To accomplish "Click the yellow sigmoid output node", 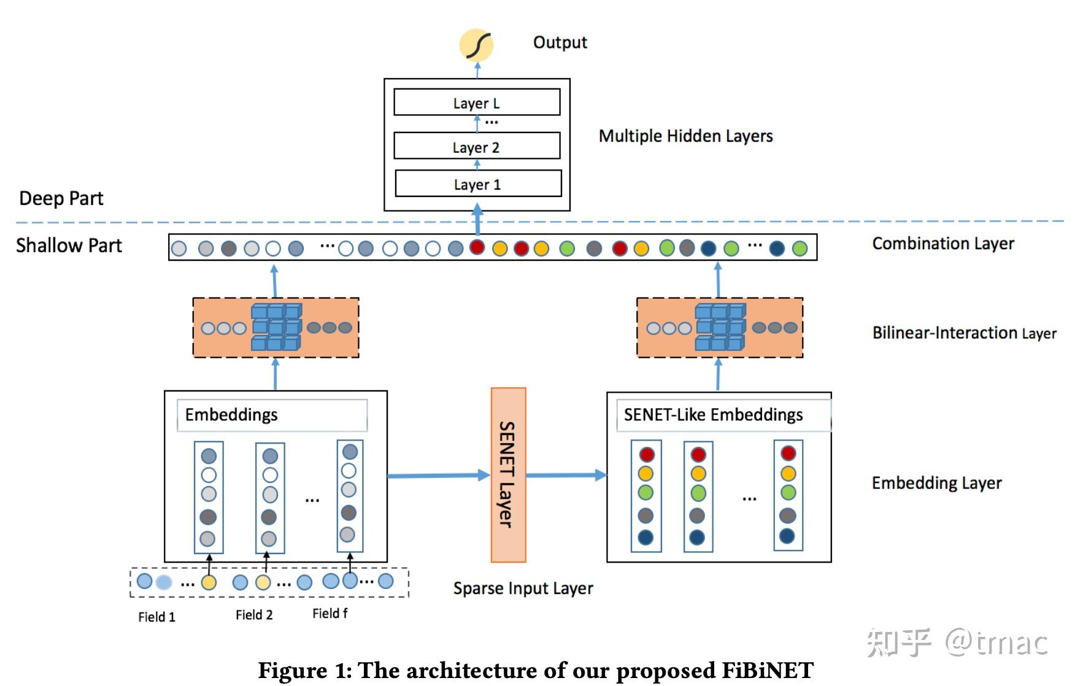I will pyautogui.click(x=477, y=45).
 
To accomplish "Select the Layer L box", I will pyautogui.click(x=477, y=102).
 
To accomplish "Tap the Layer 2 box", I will pyautogui.click(x=477, y=147).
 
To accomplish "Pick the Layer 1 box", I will pyautogui.click(x=478, y=184).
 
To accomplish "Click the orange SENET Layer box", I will pyautogui.click(x=508, y=474).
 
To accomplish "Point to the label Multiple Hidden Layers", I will pyautogui.click(x=685, y=136).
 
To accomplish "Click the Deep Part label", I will pyautogui.click(x=61, y=198).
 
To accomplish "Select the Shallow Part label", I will pyautogui.click(x=69, y=245).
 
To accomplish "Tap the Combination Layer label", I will pyautogui.click(x=943, y=244).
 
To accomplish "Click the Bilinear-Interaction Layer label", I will pyautogui.click(x=964, y=333).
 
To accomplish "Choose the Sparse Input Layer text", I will pyautogui.click(x=523, y=588).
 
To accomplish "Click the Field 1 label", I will pyautogui.click(x=156, y=617).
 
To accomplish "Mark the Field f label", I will pyautogui.click(x=330, y=614).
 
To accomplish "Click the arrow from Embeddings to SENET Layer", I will pyautogui.click(x=437, y=476).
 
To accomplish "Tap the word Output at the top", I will pyautogui.click(x=560, y=42).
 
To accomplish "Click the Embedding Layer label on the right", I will pyautogui.click(x=936, y=483).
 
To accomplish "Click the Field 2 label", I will pyautogui.click(x=254, y=615).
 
